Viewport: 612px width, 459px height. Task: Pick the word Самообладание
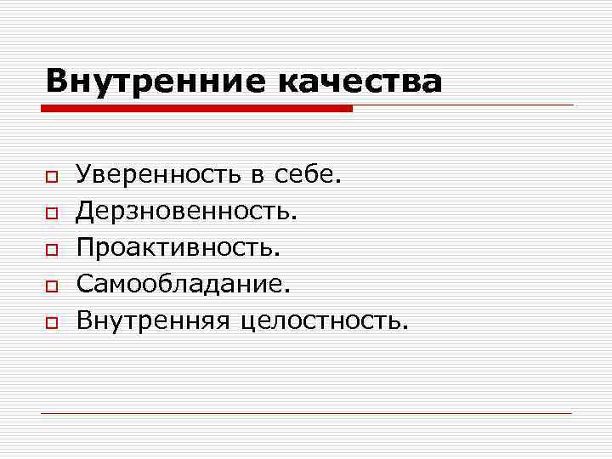[182, 284]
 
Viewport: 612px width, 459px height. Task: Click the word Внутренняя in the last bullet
[154, 320]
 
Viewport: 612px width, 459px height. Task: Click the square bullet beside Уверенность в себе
[51, 177]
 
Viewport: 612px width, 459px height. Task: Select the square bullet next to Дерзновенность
[51, 213]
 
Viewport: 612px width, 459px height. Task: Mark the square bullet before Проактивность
[51, 250]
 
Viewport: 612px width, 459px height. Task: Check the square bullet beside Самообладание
[51, 286]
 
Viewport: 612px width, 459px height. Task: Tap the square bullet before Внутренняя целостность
[51, 323]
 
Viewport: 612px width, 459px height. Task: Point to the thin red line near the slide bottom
[306, 413]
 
